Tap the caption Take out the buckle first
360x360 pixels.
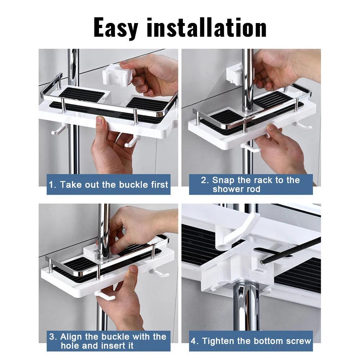[108, 185]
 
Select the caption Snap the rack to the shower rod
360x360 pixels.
[251, 185]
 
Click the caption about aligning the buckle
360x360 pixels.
[108, 341]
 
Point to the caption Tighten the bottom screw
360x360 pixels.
[251, 341]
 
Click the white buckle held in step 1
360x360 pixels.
[116, 76]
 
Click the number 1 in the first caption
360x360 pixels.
[52, 185]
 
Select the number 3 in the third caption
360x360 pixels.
[53, 337]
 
